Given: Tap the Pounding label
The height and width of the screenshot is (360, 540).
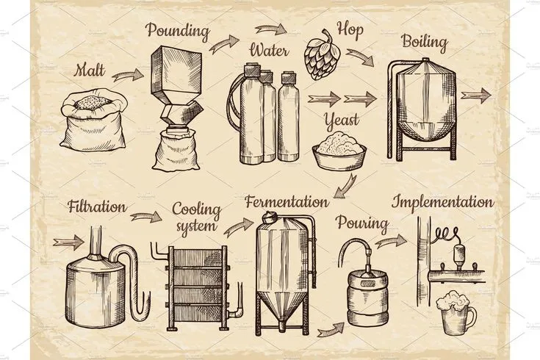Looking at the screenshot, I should click(178, 32).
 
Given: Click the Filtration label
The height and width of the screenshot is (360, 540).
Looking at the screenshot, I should click(93, 207).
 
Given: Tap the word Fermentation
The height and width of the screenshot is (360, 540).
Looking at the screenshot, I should click(287, 201).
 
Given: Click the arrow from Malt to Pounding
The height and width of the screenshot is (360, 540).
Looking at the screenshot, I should click(130, 73).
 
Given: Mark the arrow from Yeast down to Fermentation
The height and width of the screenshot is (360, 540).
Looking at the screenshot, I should click(345, 185).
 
